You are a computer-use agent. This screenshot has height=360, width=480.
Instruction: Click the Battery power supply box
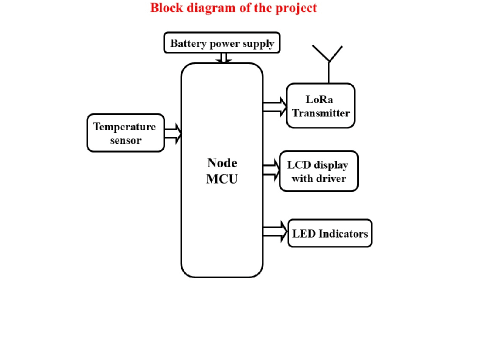click(x=222, y=43)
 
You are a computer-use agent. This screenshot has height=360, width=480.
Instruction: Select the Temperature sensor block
click(x=125, y=132)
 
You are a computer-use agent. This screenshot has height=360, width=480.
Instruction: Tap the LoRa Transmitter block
click(x=320, y=105)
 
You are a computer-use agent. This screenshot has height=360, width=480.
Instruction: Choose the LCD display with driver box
click(x=319, y=171)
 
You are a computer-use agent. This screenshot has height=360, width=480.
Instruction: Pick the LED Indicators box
click(x=330, y=233)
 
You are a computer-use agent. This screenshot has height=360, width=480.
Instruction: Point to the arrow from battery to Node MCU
click(x=224, y=58)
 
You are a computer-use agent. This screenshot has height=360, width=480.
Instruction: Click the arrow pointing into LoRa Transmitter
click(x=274, y=106)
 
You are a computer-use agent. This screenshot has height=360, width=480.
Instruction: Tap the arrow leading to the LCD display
click(x=271, y=169)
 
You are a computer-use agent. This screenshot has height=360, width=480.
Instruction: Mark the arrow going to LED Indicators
click(x=275, y=232)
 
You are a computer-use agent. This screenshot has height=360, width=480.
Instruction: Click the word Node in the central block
click(x=222, y=163)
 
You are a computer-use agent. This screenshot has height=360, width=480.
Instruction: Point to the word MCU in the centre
click(x=222, y=179)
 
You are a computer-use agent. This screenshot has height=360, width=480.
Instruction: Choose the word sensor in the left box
click(x=125, y=140)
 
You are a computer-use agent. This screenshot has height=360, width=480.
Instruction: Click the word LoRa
click(x=319, y=99)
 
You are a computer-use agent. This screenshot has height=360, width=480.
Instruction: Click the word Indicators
click(x=343, y=233)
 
